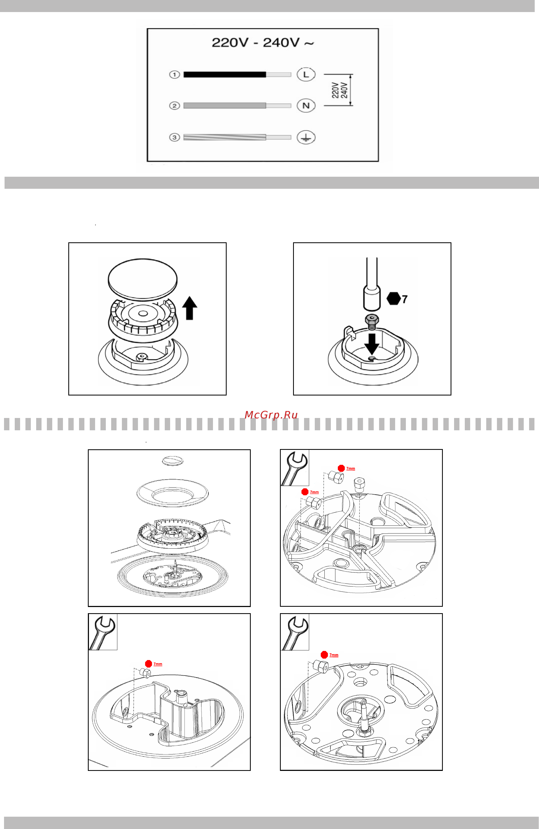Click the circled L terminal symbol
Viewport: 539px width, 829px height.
(x=306, y=74)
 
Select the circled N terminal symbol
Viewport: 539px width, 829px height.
(x=306, y=105)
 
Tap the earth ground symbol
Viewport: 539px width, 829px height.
(x=306, y=137)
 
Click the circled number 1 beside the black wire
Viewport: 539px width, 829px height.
(x=174, y=74)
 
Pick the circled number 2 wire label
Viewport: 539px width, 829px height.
(x=174, y=105)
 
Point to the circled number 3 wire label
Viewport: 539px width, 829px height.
(x=174, y=137)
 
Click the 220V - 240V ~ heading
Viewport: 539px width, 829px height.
(x=263, y=43)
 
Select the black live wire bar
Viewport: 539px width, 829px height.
(x=225, y=74)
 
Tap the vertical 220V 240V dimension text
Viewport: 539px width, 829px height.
(x=340, y=90)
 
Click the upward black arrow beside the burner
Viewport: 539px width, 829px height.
(x=190, y=308)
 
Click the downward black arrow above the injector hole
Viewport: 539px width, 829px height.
(x=372, y=344)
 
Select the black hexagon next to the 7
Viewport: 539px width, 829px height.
(x=393, y=299)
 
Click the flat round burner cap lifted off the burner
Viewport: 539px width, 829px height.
(x=143, y=279)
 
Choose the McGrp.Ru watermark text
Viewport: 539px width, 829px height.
(x=271, y=415)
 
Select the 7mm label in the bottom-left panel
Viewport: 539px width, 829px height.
(x=158, y=664)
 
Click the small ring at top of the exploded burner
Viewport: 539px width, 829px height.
(x=173, y=461)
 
